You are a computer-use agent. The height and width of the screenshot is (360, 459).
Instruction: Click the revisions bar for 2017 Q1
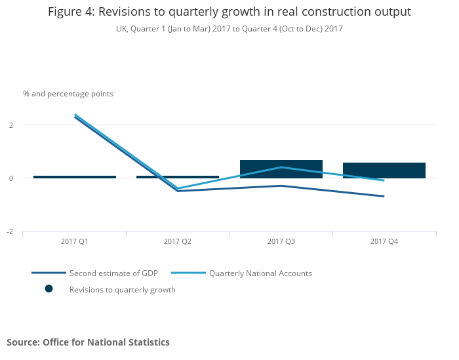coord(75,177)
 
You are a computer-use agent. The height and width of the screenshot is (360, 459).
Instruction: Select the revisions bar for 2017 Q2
coord(178,177)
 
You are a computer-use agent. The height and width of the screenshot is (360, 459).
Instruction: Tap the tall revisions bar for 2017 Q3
coord(281,169)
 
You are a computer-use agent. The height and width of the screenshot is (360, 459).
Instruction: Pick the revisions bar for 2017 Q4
coord(384,170)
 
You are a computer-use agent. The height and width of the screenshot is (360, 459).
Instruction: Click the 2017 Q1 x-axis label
coord(75,242)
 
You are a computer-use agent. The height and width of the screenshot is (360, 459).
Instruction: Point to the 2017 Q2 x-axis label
coord(178,242)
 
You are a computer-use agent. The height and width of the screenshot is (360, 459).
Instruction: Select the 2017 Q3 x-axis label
coord(281,242)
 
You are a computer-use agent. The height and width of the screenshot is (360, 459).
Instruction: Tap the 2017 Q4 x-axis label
coord(384,242)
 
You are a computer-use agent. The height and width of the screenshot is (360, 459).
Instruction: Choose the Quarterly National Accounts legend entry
coord(260,273)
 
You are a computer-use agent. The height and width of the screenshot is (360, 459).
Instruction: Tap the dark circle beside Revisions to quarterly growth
coord(49,289)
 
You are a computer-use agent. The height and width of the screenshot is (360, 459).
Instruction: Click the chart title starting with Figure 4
coord(229,12)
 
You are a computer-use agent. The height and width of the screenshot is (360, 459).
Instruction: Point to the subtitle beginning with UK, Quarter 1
coord(229,29)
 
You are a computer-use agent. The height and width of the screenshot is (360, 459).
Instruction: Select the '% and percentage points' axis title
coord(68,94)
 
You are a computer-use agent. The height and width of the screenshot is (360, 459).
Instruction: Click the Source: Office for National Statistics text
coord(88,342)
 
